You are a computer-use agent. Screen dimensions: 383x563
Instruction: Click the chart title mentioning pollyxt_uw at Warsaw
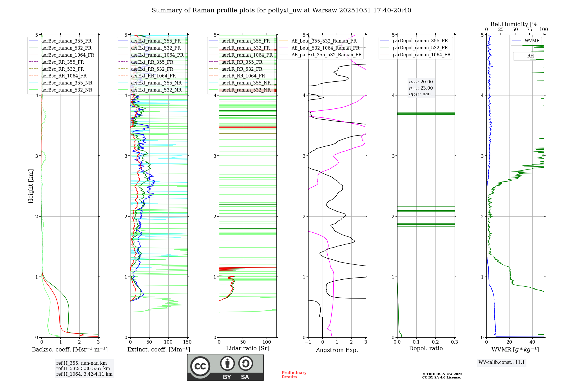[281, 10]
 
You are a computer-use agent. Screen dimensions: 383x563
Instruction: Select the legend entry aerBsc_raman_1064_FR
[68, 55]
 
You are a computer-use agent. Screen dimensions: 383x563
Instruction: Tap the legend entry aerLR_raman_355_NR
[246, 83]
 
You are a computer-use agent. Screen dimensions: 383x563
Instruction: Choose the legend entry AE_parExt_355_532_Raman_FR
[326, 55]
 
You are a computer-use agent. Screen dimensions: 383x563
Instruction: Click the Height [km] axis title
[31, 186]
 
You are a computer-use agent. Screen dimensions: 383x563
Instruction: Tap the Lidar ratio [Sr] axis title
[247, 348]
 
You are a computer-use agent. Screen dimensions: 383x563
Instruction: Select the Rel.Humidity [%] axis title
[515, 24]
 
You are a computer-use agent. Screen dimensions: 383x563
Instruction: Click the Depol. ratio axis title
[426, 348]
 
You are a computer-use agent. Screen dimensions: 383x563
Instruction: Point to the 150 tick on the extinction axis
[187, 342]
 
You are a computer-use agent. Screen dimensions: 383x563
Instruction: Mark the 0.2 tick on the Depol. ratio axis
[435, 342]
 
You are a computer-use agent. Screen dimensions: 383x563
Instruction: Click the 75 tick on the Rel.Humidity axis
[529, 30]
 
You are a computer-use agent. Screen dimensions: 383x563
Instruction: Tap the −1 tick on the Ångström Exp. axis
[308, 342]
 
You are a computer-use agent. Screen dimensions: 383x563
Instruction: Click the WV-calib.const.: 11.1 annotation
[502, 362]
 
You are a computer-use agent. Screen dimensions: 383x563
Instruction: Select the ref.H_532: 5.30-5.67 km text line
[83, 368]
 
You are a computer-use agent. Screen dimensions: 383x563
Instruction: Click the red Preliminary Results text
[294, 375]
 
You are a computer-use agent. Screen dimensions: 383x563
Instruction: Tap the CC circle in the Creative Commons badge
[200, 366]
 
